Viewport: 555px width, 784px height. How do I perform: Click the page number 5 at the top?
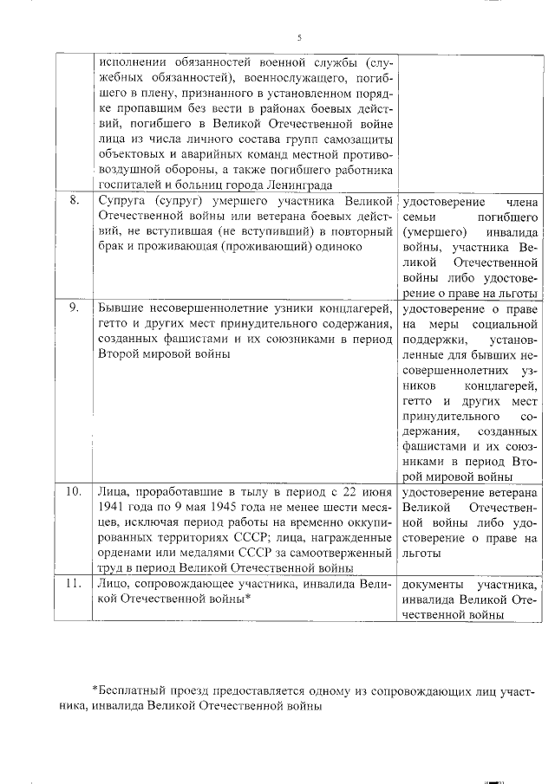click(298, 38)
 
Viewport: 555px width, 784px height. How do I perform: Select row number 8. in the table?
click(75, 200)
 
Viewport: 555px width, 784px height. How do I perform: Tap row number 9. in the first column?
click(75, 307)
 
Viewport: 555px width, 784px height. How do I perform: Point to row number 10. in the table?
click(75, 491)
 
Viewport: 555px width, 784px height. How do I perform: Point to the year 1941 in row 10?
click(112, 507)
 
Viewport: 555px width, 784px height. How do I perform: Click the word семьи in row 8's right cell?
click(420, 216)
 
